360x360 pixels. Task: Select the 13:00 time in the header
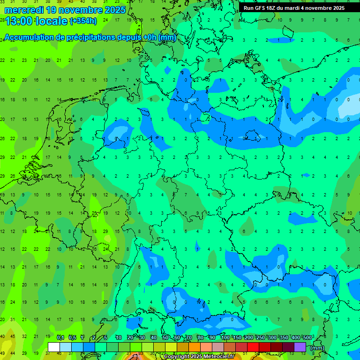pos(21,21)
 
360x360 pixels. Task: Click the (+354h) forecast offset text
pos(83,21)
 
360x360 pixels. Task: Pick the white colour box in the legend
pos(54,347)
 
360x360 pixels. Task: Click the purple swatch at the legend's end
pos(300,347)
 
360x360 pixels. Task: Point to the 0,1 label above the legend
pos(60,338)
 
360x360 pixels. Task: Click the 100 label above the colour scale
pos(225,338)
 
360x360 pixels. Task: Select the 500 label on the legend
pos(307,338)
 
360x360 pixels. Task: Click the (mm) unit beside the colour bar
pos(317,348)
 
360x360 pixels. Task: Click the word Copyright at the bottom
pos(180,357)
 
